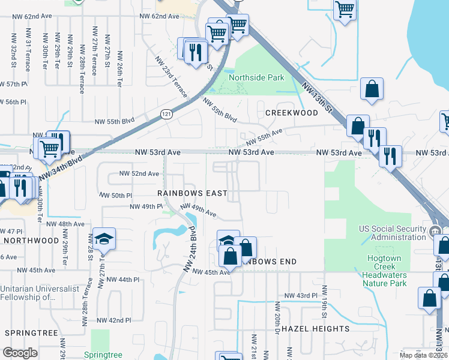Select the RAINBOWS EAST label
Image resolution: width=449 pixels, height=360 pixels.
pos(192,193)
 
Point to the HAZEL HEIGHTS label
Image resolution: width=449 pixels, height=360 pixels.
pos(315,329)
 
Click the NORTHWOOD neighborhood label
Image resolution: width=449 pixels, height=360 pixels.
pos(31,240)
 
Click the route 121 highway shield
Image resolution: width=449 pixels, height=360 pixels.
pos(167,113)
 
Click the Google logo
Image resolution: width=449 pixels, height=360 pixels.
pos(20,353)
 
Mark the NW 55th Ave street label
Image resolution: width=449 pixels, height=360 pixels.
pos(264,138)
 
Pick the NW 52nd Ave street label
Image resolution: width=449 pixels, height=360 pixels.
pos(139,173)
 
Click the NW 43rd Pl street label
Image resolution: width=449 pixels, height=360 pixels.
pos(300,295)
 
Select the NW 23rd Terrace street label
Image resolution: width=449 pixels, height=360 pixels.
pos(171,77)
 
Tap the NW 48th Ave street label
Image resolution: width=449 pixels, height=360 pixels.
pos(71,224)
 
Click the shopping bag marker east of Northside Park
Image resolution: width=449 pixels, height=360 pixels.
pos(372,88)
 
